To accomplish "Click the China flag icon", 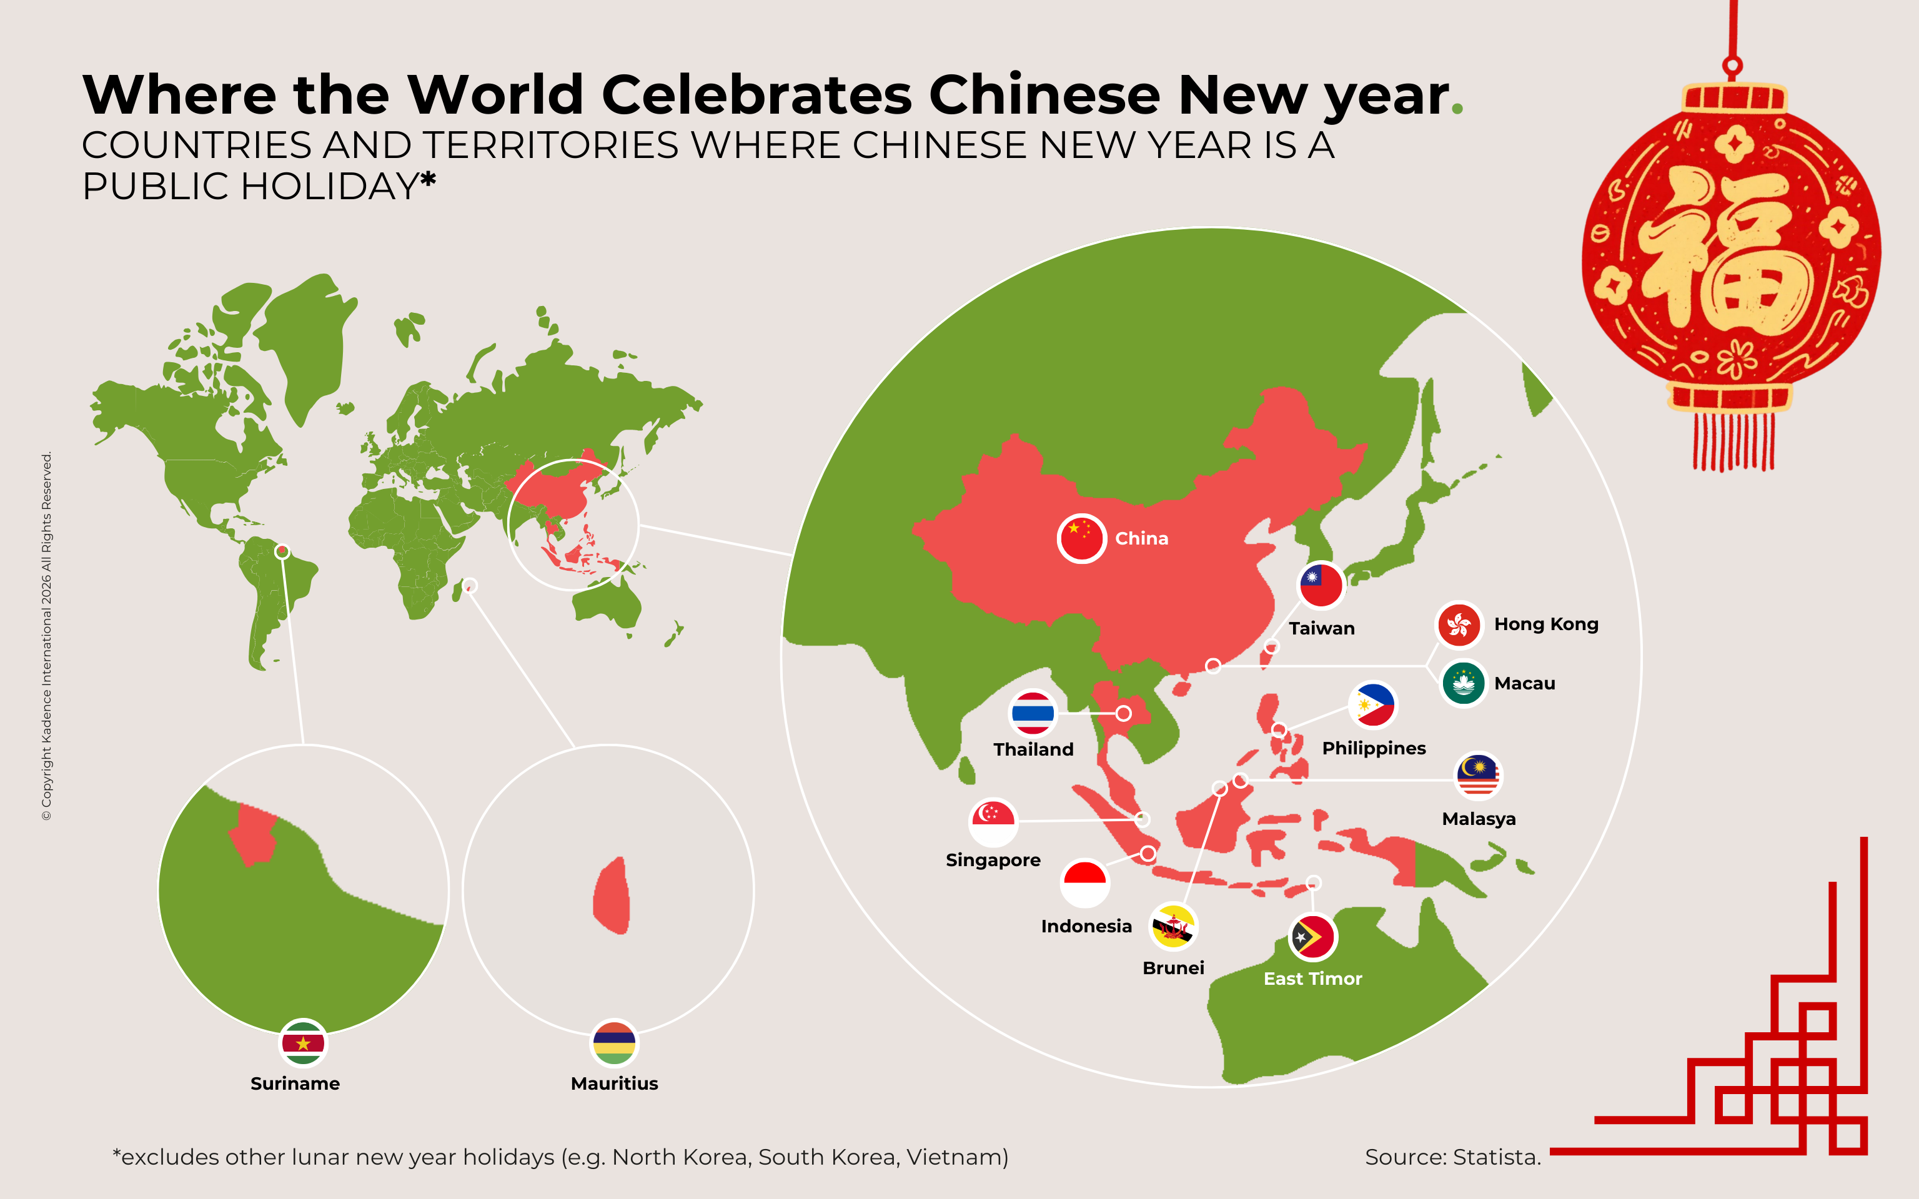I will tap(1081, 538).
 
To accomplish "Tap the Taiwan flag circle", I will tap(1321, 586).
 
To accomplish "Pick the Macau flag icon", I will tap(1463, 684).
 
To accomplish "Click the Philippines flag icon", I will tap(1372, 705).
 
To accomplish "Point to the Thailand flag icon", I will tap(1033, 713).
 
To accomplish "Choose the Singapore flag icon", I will tap(993, 822).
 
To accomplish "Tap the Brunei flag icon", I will tap(1173, 926).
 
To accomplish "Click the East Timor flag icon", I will tap(1313, 937).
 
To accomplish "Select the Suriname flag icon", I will tap(303, 1043).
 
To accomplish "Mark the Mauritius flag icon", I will tap(614, 1043).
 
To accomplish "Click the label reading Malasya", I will tap(1478, 819).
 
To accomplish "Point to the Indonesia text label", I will tap(1086, 926).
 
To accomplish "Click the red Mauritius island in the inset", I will tap(612, 896).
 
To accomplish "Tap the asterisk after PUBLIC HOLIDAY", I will tap(428, 180).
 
